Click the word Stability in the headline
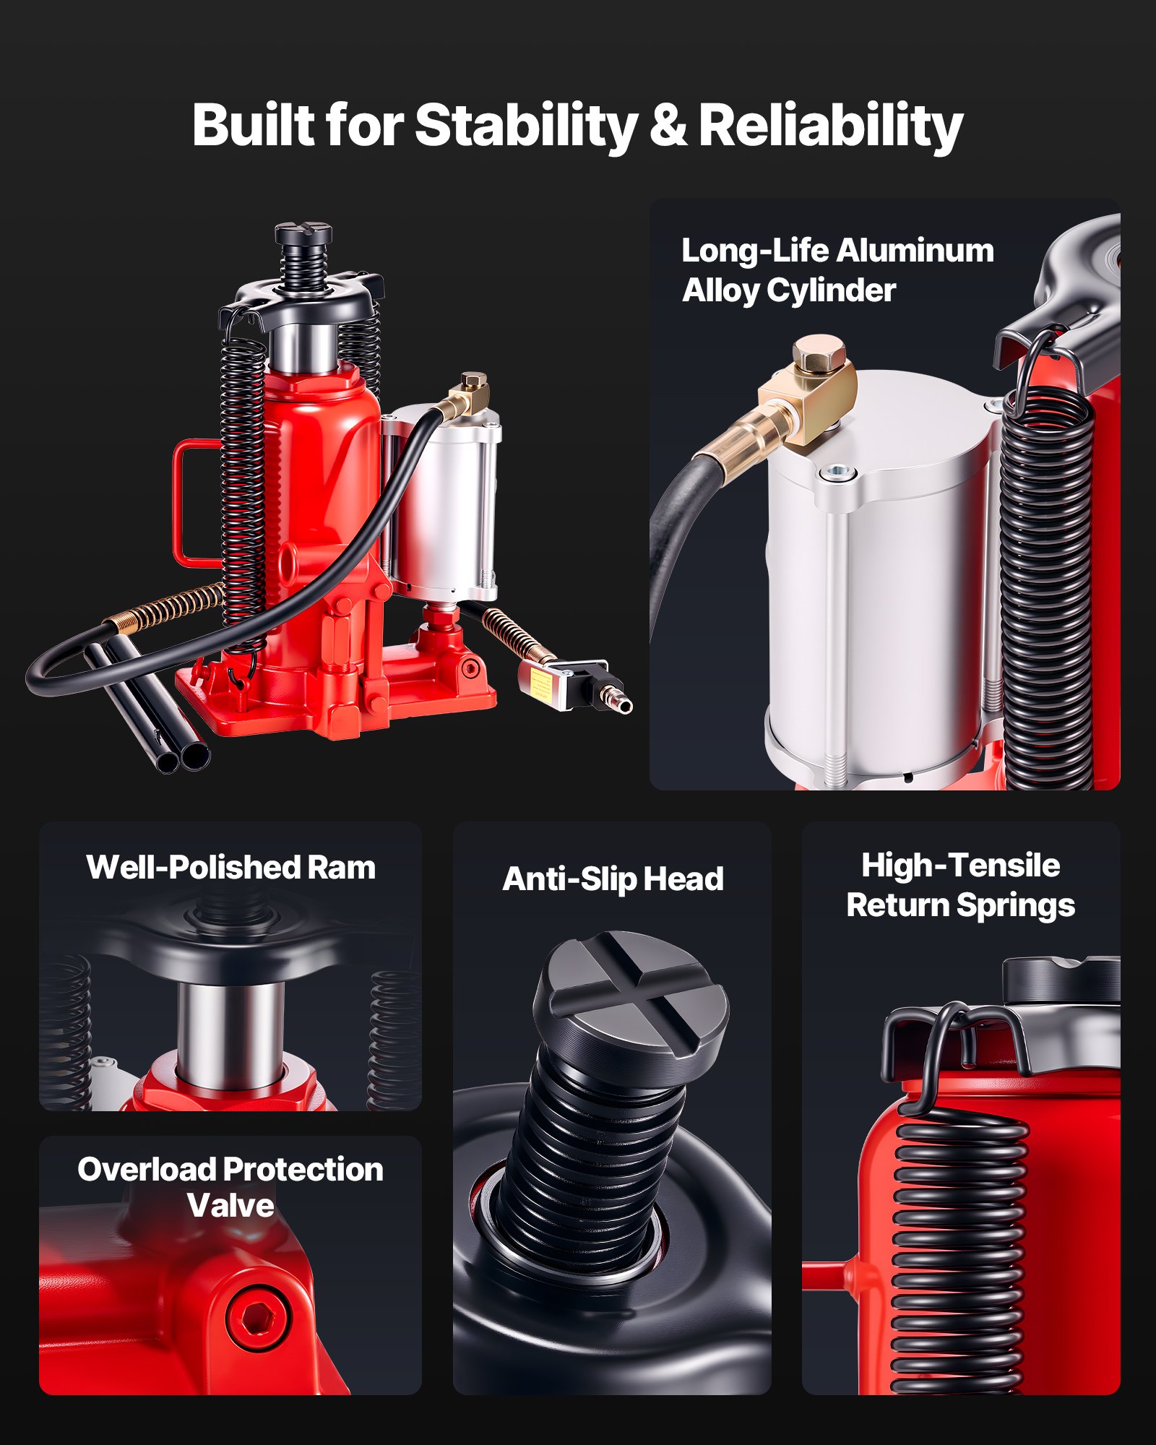[525, 124]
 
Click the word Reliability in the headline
[830, 124]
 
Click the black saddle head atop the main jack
[303, 233]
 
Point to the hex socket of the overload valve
[256, 1316]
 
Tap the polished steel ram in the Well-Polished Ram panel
[230, 1033]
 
